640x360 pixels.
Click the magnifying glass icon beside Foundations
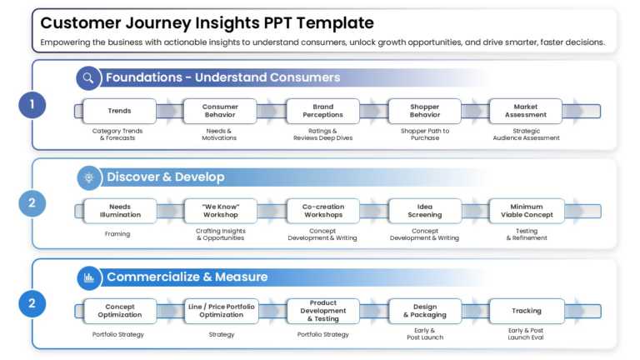point(88,77)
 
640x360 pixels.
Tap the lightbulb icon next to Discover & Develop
point(88,177)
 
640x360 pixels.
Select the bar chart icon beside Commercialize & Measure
point(88,277)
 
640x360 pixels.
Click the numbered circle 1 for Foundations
point(32,105)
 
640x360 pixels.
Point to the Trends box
point(119,111)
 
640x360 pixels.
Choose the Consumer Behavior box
point(220,111)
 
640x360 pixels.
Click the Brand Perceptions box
point(322,111)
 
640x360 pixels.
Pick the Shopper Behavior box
point(424,111)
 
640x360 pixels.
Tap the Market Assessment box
point(526,111)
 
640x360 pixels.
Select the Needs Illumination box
point(119,211)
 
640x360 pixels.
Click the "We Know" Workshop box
point(220,211)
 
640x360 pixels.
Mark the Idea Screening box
point(424,211)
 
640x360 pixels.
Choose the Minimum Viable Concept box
point(526,211)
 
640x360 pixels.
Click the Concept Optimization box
point(119,311)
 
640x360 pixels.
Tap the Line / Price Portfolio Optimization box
point(220,311)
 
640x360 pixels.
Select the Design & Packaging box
point(424,311)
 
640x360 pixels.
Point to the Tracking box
point(526,311)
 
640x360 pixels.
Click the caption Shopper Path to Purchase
point(424,134)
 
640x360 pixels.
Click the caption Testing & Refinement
point(526,234)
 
